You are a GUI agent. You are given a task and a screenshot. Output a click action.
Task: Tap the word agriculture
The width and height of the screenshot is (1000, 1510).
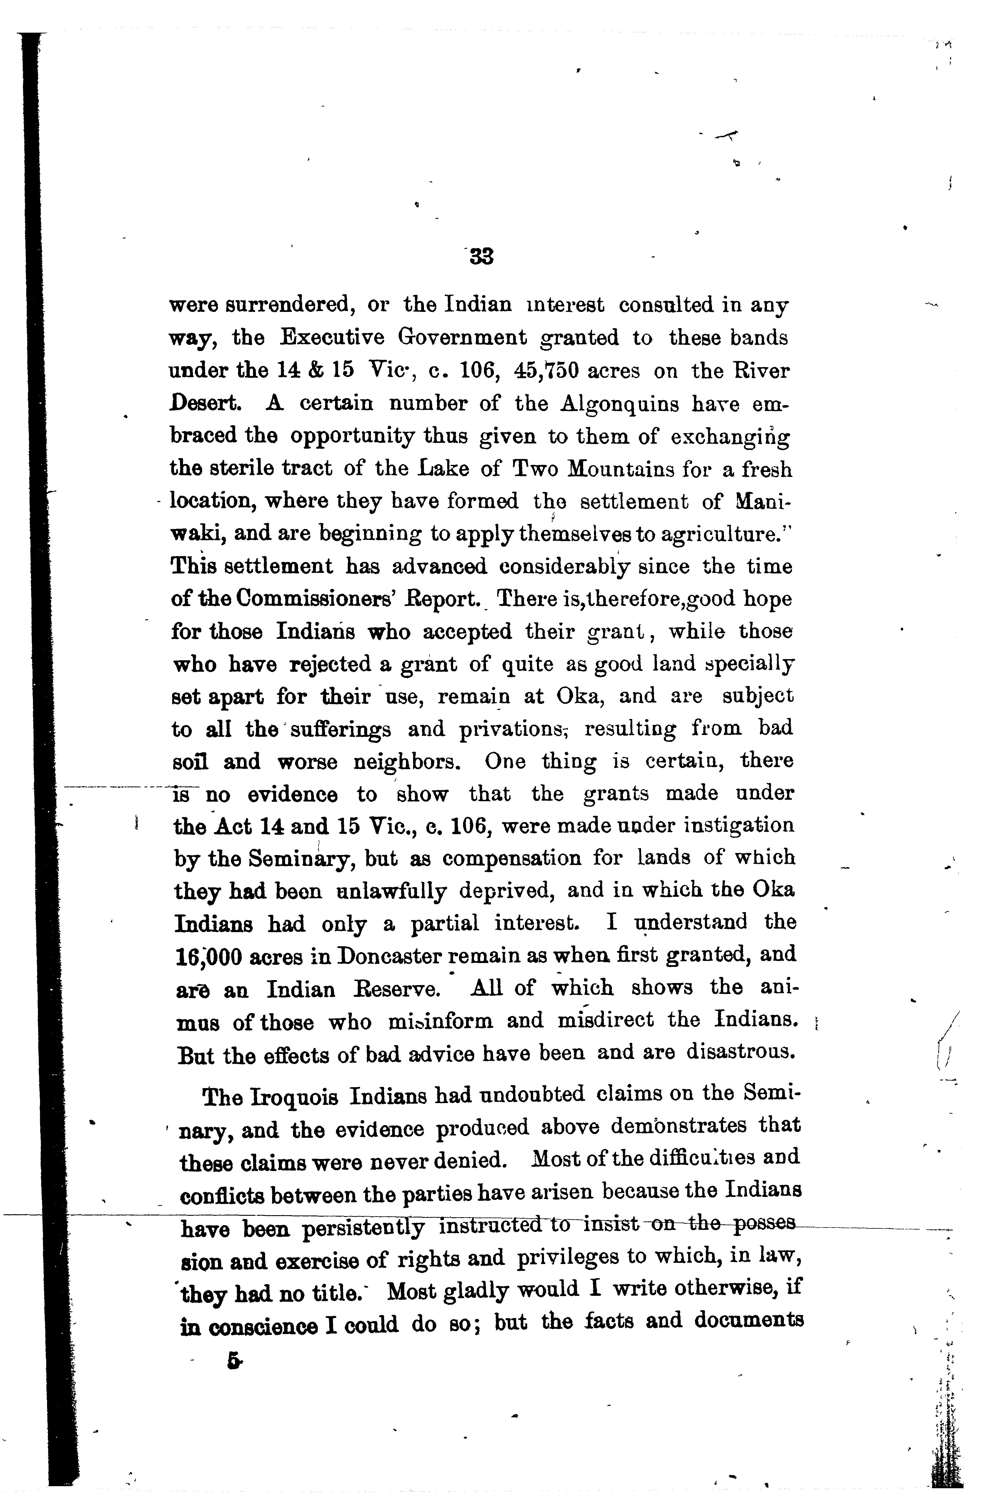721,534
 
